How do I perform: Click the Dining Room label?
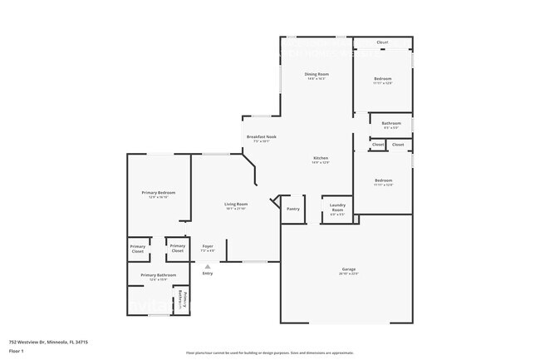[316, 75]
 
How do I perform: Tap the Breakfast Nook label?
[261, 136]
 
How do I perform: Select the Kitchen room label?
[321, 158]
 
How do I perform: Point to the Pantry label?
[292, 209]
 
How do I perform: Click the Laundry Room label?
[337, 207]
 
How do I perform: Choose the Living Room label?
[236, 204]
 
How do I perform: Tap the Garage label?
[349, 269]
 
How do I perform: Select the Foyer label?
[208, 245]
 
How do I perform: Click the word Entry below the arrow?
[208, 274]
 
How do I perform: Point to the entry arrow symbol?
[208, 266]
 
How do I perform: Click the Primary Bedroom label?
[159, 192]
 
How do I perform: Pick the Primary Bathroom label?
[159, 274]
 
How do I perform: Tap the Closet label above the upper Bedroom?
[382, 42]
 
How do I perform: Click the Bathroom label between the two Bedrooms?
[391, 123]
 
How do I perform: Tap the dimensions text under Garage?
[349, 274]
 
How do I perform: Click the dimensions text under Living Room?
[236, 209]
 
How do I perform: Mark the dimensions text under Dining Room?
[316, 80]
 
